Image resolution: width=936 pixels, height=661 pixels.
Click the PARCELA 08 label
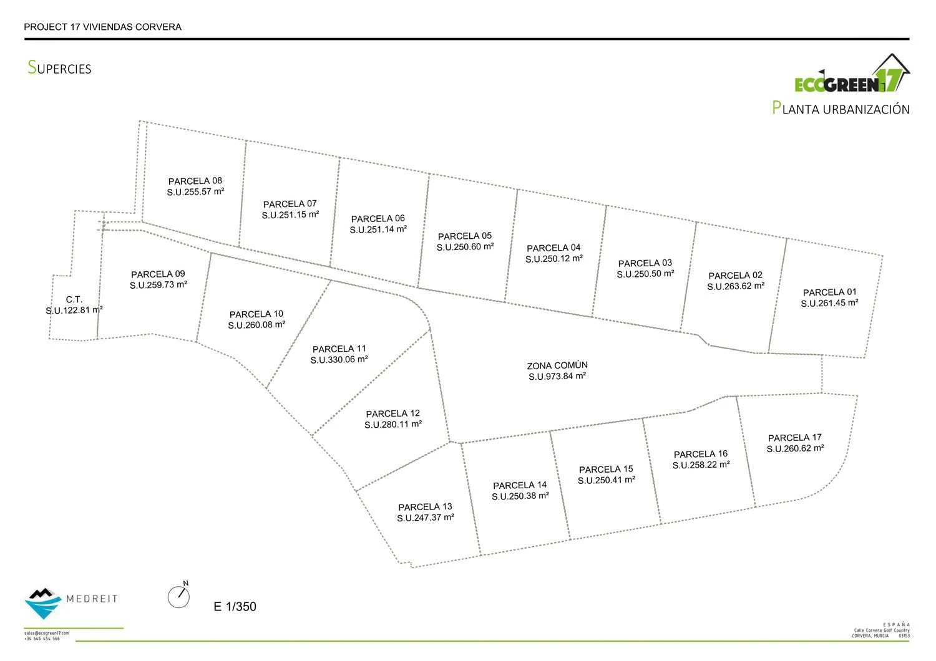[x=195, y=181]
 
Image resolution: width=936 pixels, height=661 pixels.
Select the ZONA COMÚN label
[x=557, y=365]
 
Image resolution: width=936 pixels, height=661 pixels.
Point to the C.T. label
[x=74, y=299]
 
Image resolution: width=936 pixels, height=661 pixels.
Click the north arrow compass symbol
[x=178, y=596]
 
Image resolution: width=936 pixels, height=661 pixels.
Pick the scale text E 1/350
[x=235, y=607]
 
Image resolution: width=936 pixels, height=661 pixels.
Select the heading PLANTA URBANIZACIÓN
[x=841, y=109]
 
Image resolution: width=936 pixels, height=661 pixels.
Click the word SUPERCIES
[x=60, y=68]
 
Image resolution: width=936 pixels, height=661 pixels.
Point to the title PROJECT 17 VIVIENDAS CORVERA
[x=102, y=27]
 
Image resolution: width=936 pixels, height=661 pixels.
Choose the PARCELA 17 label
[x=795, y=438]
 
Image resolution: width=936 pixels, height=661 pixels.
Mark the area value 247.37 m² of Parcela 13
[x=426, y=518]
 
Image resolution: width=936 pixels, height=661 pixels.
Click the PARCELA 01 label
[x=830, y=292]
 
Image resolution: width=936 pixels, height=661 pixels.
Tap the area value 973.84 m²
[x=557, y=377]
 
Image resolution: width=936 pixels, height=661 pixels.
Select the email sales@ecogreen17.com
[x=47, y=633]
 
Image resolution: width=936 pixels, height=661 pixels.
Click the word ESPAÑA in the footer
[x=897, y=625]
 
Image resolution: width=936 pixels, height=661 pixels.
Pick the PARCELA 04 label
[x=553, y=248]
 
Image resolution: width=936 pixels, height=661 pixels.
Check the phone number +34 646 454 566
[x=42, y=639]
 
